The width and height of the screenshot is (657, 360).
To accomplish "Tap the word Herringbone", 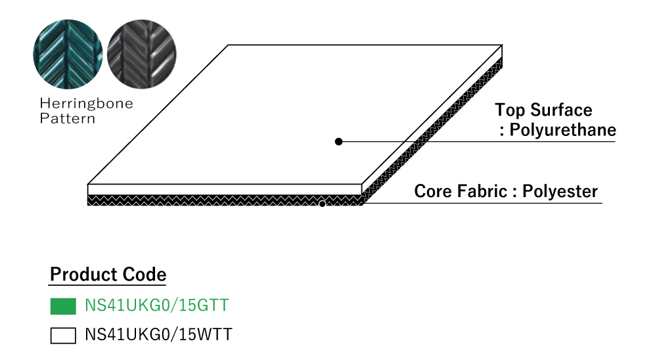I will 86,104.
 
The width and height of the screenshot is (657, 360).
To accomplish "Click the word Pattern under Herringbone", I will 68,119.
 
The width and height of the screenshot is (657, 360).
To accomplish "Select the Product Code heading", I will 108,275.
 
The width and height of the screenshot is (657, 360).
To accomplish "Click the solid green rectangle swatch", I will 63,306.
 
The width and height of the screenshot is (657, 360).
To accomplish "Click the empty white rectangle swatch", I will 63,336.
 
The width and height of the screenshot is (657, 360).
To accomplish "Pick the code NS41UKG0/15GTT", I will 157,306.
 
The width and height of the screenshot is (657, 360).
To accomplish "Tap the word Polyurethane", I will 563,129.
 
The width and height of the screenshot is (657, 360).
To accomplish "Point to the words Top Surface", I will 543,110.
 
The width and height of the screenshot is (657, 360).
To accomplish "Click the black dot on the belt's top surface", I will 338,141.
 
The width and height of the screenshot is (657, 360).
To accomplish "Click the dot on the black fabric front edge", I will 322,204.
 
